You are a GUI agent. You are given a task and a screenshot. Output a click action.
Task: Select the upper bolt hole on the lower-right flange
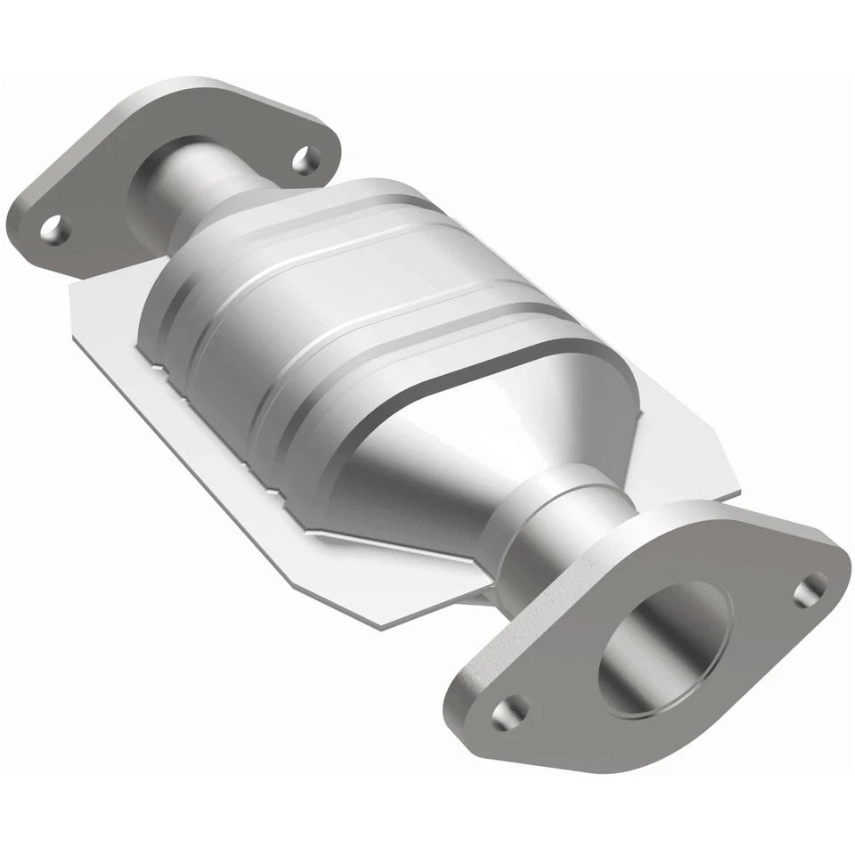coord(810,587)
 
